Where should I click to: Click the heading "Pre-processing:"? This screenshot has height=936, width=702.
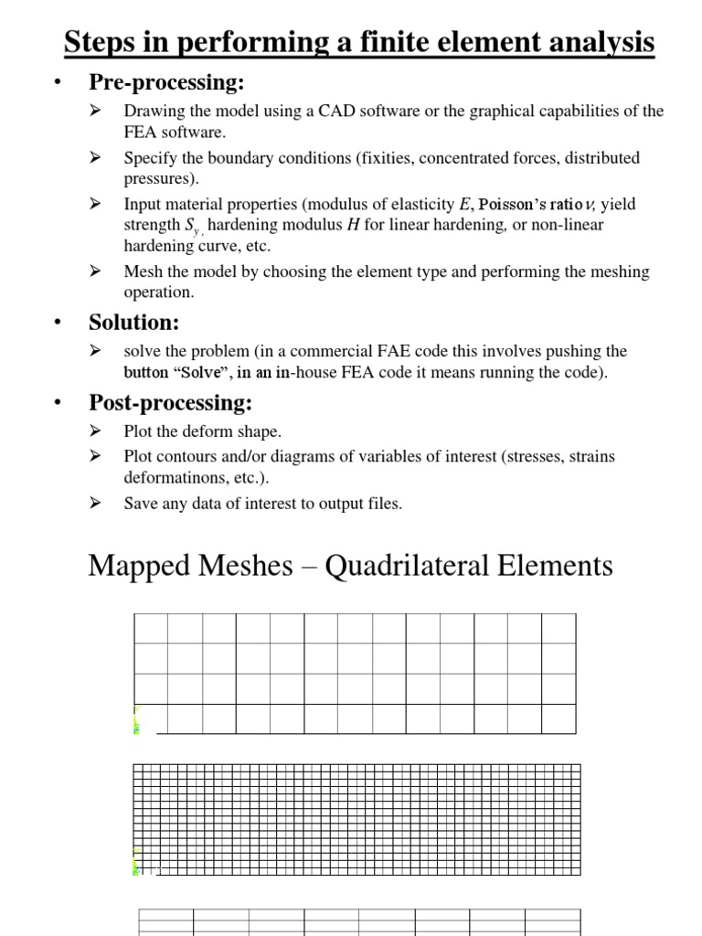tap(165, 83)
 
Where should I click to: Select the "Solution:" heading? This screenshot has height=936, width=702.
tap(133, 323)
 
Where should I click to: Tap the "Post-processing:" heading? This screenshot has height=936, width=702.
tap(170, 402)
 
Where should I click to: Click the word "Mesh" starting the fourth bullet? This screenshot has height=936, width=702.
tap(142, 271)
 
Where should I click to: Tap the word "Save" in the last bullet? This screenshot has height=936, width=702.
tap(140, 504)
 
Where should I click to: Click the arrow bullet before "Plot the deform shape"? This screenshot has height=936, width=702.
tap(95, 431)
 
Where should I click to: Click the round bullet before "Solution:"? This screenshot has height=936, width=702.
tap(57, 324)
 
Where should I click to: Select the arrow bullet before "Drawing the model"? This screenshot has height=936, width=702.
tap(95, 112)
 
